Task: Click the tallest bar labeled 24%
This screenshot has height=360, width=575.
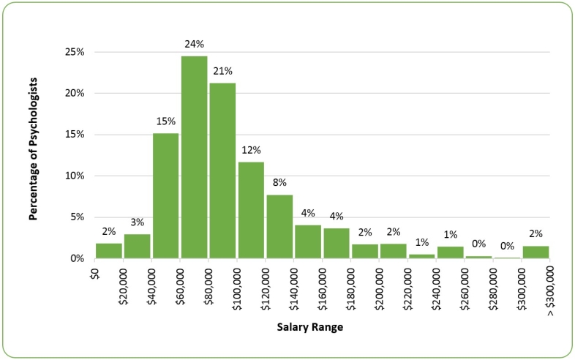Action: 194,157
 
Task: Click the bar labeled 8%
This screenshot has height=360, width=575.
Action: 279,226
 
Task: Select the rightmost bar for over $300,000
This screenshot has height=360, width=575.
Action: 535,252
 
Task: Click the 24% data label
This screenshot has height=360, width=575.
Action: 194,45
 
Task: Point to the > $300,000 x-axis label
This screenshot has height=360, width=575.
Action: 549,290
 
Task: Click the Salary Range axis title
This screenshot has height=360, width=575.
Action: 310,327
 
